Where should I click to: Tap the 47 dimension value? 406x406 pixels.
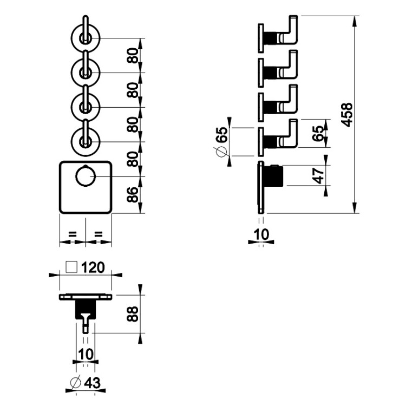pyautogui.click(x=319, y=176)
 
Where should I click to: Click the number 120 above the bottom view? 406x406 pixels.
pyautogui.click(x=94, y=267)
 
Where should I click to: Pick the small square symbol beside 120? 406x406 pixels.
pyautogui.click(x=70, y=267)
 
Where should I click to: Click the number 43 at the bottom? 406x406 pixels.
pyautogui.click(x=93, y=383)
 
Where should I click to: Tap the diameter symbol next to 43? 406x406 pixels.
pyautogui.click(x=76, y=383)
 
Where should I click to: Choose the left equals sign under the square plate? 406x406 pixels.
pyautogui.click(x=72, y=234)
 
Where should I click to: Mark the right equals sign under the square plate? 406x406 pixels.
pyautogui.click(x=99, y=234)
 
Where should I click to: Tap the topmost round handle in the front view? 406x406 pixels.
pyautogui.click(x=85, y=37)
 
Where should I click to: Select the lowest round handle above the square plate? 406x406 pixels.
pyautogui.click(x=85, y=141)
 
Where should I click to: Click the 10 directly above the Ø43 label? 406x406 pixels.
pyautogui.click(x=86, y=354)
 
